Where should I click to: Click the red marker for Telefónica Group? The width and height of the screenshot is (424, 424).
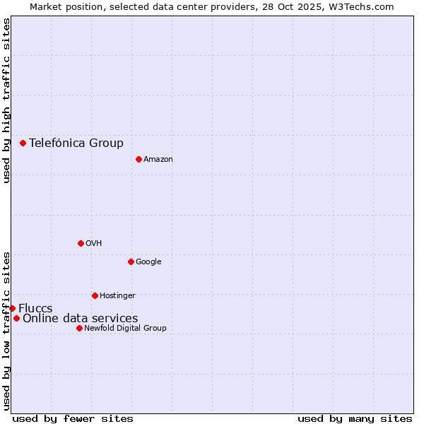23,143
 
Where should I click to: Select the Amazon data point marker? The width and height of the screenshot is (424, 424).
139,159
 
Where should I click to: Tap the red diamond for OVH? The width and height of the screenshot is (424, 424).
81,243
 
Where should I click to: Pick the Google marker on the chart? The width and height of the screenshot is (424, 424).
131,261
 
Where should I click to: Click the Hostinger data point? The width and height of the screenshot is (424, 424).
95,295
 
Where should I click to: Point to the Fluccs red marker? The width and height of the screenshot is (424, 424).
12,308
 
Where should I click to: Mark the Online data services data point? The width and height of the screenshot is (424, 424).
16,318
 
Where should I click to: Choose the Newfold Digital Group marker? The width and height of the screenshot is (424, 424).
79,328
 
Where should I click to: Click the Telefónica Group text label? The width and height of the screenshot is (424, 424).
76,143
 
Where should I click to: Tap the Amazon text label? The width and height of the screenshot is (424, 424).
158,159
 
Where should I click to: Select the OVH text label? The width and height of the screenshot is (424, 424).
94,243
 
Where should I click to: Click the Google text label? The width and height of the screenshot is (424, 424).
148,261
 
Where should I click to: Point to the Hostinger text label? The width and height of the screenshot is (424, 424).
117,295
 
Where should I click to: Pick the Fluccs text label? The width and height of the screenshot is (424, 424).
35,308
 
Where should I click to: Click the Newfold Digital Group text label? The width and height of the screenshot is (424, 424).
125,328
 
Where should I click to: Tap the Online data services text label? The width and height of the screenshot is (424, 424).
81,318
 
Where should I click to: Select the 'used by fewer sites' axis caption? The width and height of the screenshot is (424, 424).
73,418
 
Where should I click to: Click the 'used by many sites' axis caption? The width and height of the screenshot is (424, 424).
355,418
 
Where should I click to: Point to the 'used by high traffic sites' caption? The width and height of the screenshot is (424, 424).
6,100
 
